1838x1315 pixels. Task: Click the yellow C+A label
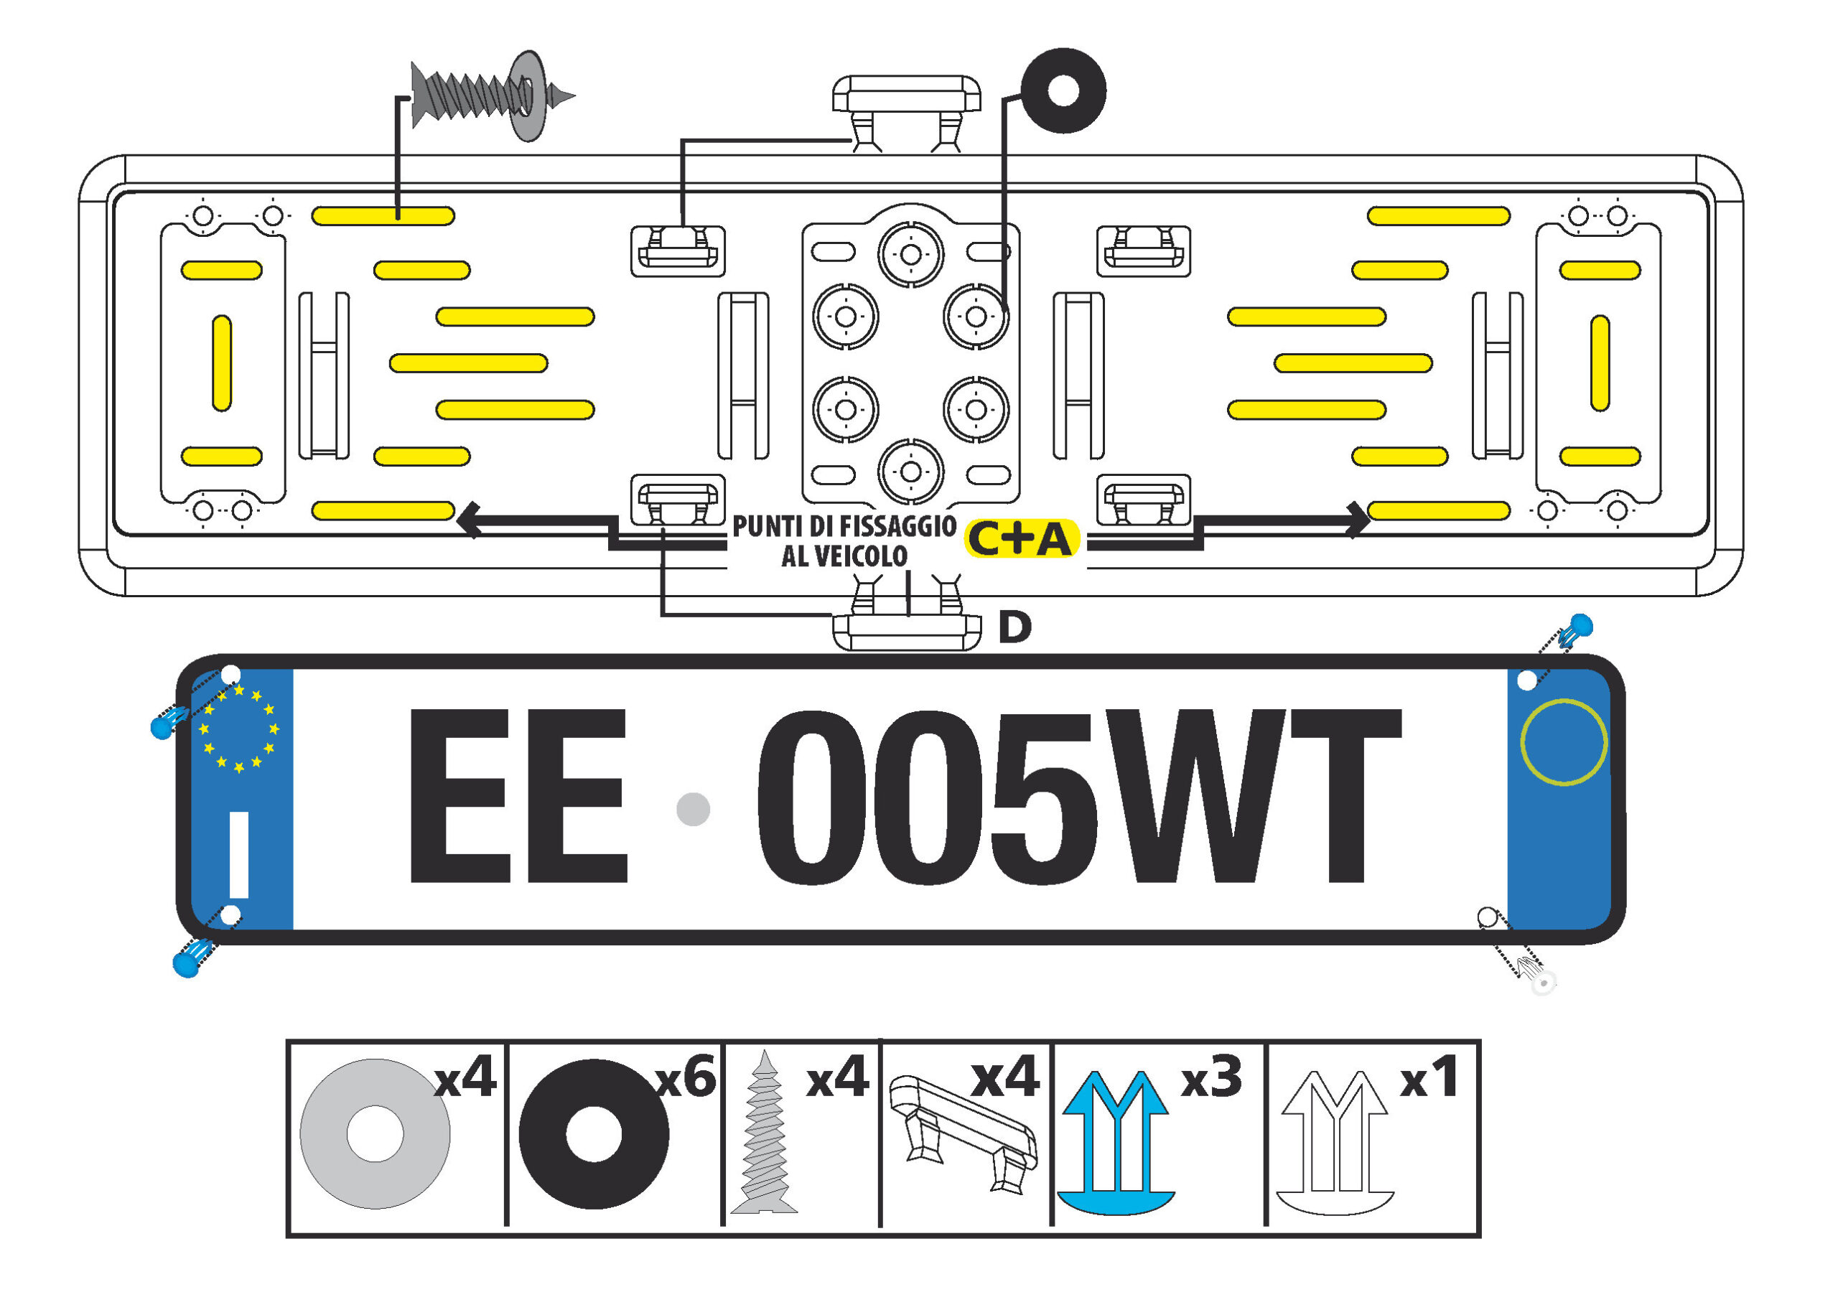tap(1021, 539)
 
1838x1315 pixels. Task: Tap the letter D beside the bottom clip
tap(1014, 627)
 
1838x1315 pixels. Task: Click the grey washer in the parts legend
tap(375, 1133)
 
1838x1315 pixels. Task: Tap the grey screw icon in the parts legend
tap(763, 1133)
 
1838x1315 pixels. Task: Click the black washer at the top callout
tap(1063, 90)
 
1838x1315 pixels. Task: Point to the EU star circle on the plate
tap(239, 728)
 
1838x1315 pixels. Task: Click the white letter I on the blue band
tap(239, 855)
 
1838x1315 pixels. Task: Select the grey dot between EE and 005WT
tap(692, 809)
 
